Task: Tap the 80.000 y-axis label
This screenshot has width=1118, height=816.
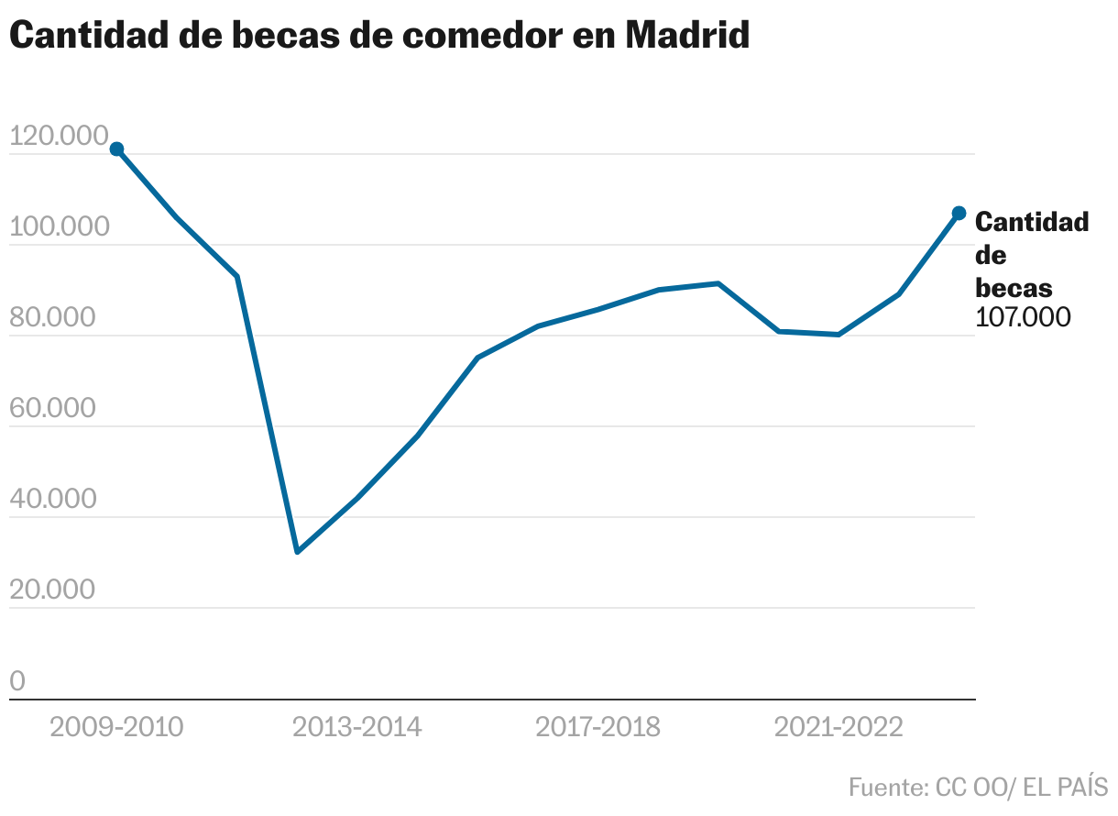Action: pyautogui.click(x=51, y=318)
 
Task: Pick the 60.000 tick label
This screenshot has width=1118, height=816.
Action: pyautogui.click(x=51, y=409)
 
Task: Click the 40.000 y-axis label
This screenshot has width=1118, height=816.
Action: pyautogui.click(x=51, y=500)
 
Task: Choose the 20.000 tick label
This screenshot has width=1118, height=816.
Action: pyautogui.click(x=51, y=590)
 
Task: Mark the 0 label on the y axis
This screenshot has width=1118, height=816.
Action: pyautogui.click(x=16, y=681)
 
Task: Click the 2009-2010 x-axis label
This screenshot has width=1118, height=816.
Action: pyautogui.click(x=116, y=727)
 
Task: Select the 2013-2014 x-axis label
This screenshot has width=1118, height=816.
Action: pyautogui.click(x=357, y=727)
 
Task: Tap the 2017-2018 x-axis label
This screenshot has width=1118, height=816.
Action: pyautogui.click(x=597, y=727)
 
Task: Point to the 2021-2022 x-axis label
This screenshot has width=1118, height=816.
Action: pyautogui.click(x=838, y=727)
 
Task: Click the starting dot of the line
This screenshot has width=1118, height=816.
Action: pyautogui.click(x=116, y=149)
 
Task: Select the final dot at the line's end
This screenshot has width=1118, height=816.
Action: pyautogui.click(x=959, y=213)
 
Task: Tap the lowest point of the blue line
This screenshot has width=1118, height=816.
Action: pyautogui.click(x=297, y=552)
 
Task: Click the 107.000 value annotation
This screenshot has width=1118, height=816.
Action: pyautogui.click(x=1023, y=317)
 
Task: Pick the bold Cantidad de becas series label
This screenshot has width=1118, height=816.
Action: pyautogui.click(x=1031, y=254)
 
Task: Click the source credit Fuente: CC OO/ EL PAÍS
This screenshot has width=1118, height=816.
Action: pyautogui.click(x=978, y=787)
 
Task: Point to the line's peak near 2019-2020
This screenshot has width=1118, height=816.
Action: pyautogui.click(x=718, y=283)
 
